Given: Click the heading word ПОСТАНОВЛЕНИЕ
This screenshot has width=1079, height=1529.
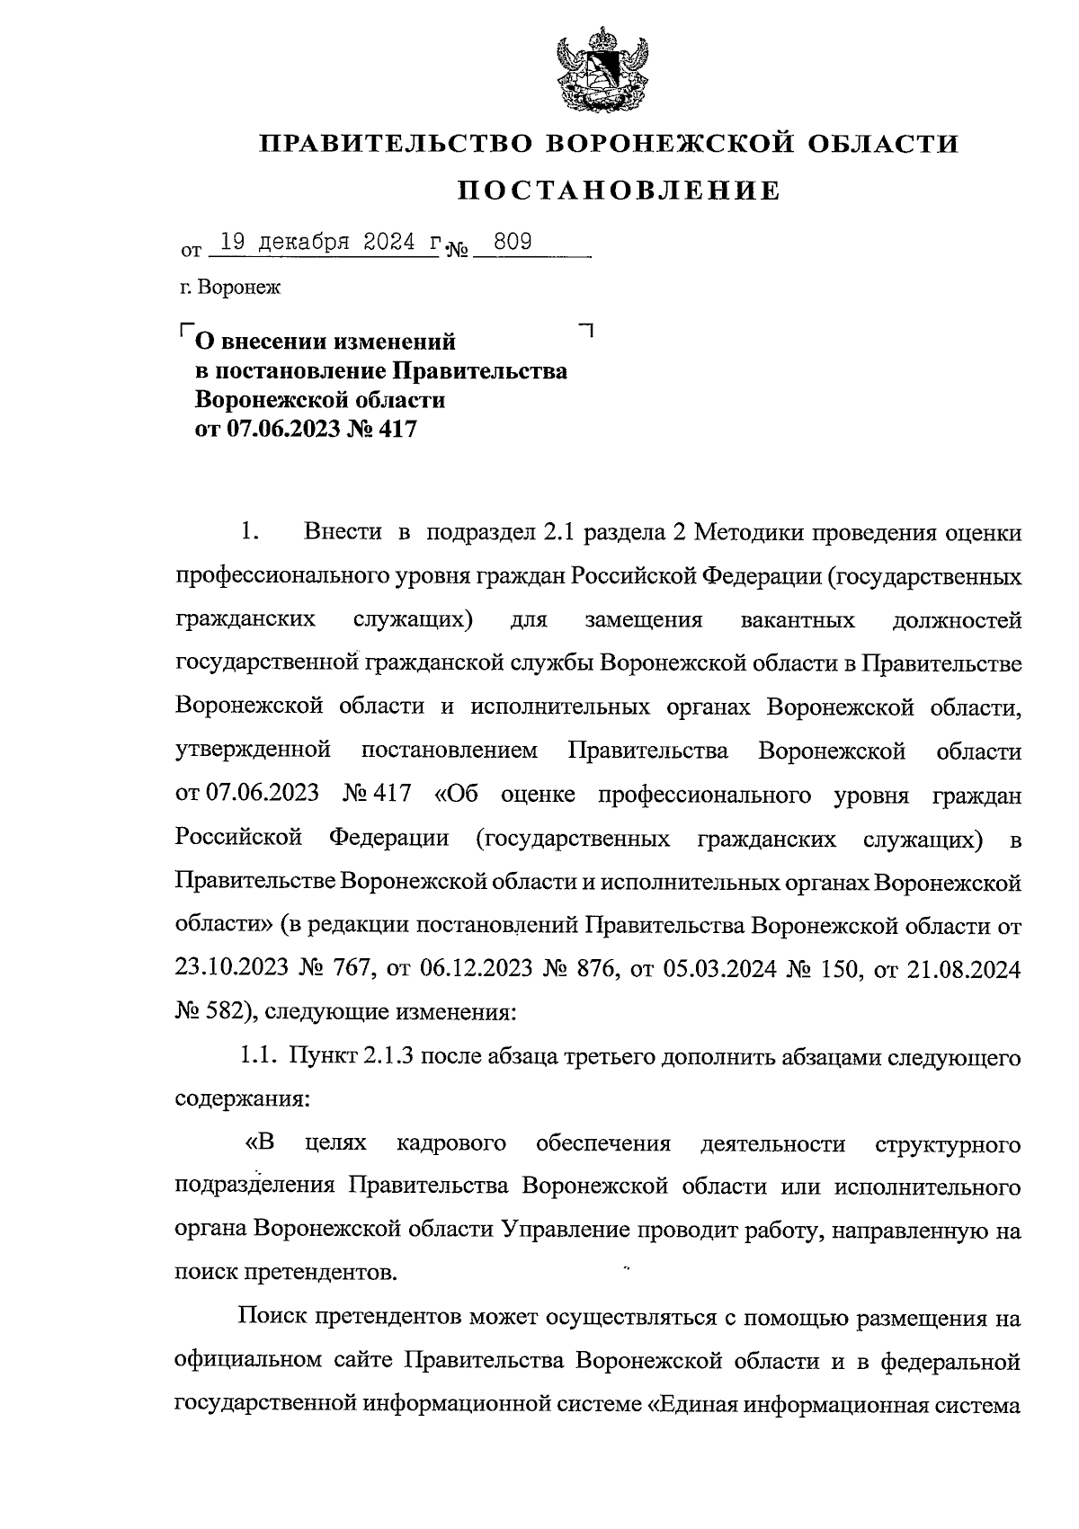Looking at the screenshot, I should (x=620, y=191).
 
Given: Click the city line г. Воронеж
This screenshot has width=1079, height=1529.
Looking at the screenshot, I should (x=229, y=289).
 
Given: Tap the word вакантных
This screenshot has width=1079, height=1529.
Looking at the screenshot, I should (x=797, y=620).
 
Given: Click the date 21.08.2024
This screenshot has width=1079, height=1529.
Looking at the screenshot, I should (x=966, y=968).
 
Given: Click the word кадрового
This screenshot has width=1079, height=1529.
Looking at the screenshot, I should (x=450, y=1144).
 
